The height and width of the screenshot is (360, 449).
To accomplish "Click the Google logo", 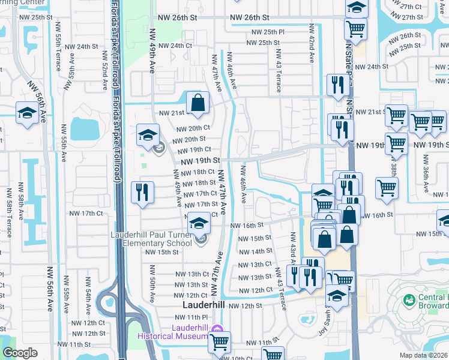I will (x=20, y=353).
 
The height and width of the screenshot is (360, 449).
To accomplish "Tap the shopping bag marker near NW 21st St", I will (x=197, y=103).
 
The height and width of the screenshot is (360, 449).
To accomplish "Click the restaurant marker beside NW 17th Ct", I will (x=142, y=193).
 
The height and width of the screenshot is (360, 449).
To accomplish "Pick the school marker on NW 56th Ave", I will (x=27, y=113).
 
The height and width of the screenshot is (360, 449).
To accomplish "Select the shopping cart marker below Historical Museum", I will (x=220, y=341).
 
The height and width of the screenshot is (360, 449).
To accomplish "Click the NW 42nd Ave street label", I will (x=312, y=44).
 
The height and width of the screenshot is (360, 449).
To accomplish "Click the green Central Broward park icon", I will (x=409, y=299).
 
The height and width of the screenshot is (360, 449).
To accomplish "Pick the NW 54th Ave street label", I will (x=88, y=294).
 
